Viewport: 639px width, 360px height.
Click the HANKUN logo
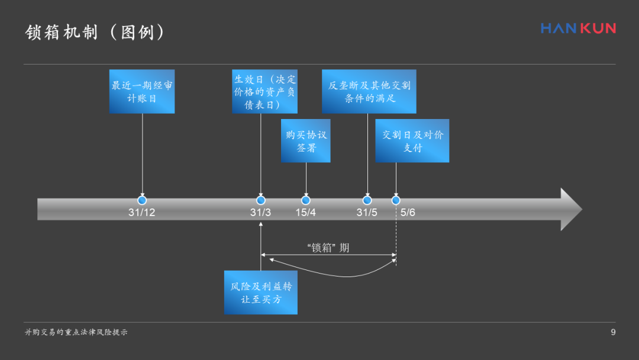[x=578, y=28]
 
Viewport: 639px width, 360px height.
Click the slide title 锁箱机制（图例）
[x=95, y=32]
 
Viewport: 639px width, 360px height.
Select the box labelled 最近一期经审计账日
[x=142, y=91]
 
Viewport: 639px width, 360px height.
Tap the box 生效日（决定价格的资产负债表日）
[x=264, y=91]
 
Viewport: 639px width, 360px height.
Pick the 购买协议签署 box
[x=306, y=141]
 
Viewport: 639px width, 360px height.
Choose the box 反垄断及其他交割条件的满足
[x=369, y=91]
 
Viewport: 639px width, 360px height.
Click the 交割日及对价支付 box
[x=412, y=141]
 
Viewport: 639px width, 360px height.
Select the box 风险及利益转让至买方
[x=261, y=292]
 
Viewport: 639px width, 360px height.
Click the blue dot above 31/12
[x=142, y=200]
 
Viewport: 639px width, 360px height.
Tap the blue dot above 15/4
[x=306, y=200]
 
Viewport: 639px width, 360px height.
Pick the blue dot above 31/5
[x=367, y=200]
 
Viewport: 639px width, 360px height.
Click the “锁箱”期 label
[x=328, y=247]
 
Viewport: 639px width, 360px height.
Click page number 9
[x=613, y=332]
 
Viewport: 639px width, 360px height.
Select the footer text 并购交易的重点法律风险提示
[x=76, y=332]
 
